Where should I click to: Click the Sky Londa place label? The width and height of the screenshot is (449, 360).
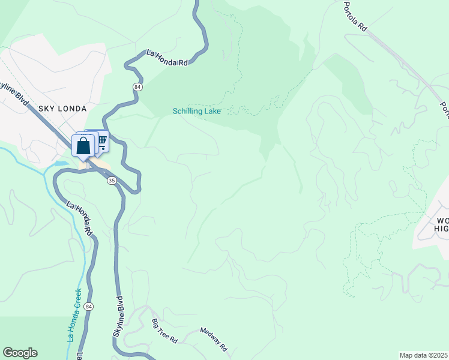point(62,109)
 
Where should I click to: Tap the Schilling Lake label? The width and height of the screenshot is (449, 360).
point(197,111)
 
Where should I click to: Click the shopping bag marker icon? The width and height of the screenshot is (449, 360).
point(83,146)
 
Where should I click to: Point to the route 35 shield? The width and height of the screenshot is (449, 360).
point(112,181)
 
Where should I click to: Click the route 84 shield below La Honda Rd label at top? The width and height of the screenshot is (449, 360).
point(138,86)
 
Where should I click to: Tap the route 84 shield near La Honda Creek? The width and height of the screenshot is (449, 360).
point(89,307)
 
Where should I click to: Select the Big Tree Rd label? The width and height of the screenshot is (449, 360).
point(164,332)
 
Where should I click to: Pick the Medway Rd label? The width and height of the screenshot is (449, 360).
point(214,339)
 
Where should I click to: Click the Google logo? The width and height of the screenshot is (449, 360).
point(20,353)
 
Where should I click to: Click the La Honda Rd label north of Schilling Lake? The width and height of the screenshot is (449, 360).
point(167,58)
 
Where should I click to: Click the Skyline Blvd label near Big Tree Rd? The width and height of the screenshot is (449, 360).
point(118,317)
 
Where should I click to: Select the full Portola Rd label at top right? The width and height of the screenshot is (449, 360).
point(355,16)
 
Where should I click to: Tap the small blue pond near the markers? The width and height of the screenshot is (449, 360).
point(61,163)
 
